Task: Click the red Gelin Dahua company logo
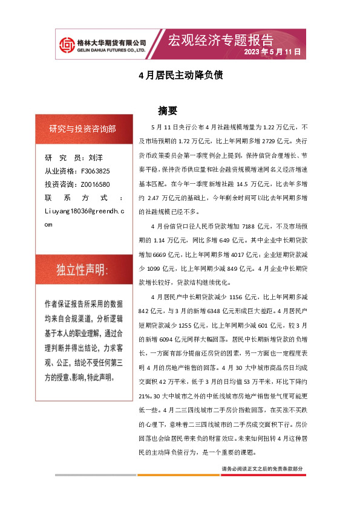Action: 66,44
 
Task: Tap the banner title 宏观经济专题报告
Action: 220,40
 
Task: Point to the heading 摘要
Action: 168,111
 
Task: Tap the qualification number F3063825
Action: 94,171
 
